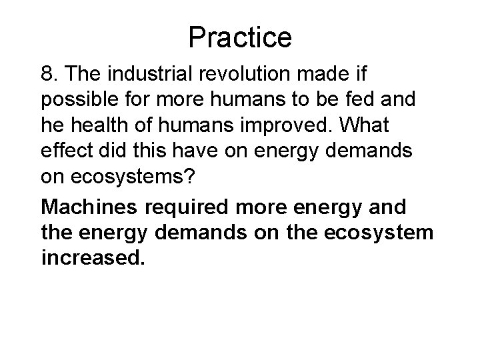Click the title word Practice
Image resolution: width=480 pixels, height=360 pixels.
click(x=240, y=37)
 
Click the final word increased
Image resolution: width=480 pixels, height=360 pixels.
click(x=92, y=258)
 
